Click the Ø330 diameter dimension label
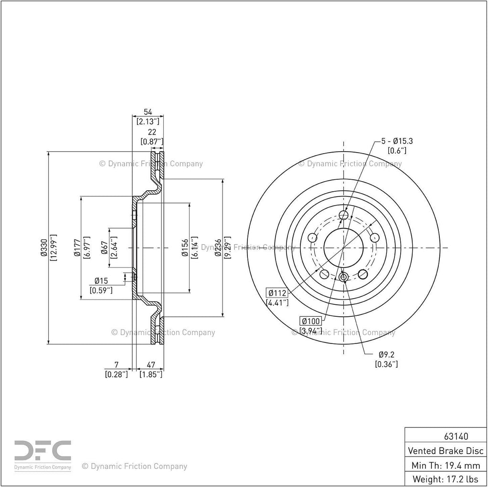coord(43,248)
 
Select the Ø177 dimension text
coord(77,248)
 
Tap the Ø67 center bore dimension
coord(105,248)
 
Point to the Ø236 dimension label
coord(218,248)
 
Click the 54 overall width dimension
coord(148,112)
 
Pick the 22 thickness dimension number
coord(152,132)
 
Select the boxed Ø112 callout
coord(277,293)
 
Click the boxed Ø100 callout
coord(310,321)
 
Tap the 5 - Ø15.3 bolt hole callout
coord(397,141)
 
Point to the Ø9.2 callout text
coord(386,354)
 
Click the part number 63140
coord(456,436)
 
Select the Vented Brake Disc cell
coord(446,451)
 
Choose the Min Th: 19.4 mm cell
coord(446,465)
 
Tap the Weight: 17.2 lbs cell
coord(446,479)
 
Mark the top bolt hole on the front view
coord(343,215)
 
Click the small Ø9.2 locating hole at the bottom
coord(343,277)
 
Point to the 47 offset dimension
coord(151,365)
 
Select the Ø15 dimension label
coord(101,281)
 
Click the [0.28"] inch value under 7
coord(117,374)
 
